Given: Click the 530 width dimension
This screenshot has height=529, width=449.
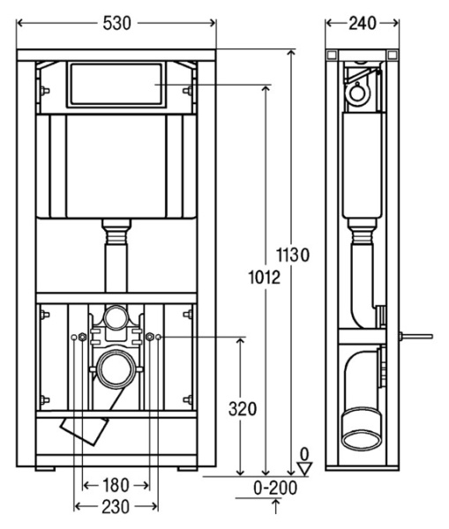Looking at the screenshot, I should point(116,24).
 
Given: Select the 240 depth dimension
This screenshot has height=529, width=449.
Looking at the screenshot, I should point(361,24).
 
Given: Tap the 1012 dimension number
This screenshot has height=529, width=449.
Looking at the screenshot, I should point(262,278).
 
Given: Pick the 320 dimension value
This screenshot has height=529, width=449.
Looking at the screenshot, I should point(242,408).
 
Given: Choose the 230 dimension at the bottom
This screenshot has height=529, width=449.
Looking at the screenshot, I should point(116,507).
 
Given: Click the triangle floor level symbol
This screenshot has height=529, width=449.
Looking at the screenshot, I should point(305,468).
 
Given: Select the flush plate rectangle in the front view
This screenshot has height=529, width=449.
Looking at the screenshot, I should point(116,85).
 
